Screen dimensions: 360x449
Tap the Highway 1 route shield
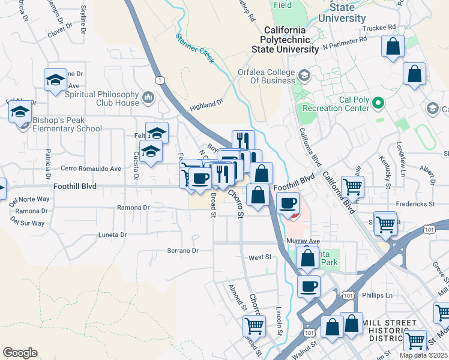(x=160, y=80)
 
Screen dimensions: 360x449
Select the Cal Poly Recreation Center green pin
(x=378, y=104)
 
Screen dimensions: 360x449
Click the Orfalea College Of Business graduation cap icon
(x=304, y=75)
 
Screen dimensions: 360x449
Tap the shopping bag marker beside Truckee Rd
(x=393, y=47)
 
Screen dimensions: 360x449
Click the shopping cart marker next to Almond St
(x=254, y=326)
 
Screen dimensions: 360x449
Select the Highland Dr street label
(x=206, y=106)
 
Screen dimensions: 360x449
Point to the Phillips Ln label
(x=377, y=295)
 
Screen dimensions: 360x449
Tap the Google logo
(x=20, y=352)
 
